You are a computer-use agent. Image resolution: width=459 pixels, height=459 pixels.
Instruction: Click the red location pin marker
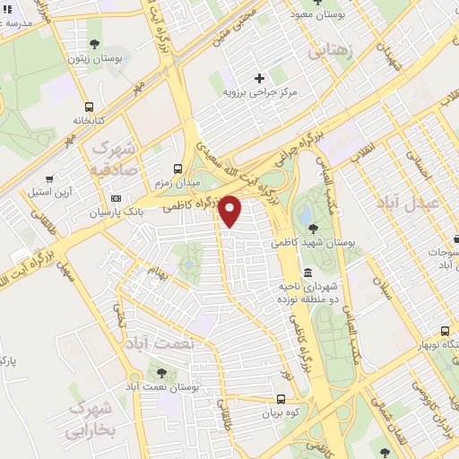[230, 211]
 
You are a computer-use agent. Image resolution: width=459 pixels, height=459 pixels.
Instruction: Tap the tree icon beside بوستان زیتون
[94, 43]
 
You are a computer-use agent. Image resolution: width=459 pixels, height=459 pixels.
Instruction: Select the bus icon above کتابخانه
[87, 103]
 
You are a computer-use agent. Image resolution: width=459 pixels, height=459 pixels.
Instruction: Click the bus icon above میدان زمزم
[178, 168]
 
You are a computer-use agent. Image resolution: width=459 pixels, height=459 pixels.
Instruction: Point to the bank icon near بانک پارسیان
[116, 198]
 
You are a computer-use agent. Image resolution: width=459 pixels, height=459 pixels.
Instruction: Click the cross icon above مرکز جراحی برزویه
[260, 78]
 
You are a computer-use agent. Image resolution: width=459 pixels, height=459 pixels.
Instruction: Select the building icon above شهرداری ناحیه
[307, 273]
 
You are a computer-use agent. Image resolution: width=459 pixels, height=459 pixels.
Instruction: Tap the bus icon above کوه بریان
[281, 400]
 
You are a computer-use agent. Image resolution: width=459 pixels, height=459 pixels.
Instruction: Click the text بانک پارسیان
[116, 212]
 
